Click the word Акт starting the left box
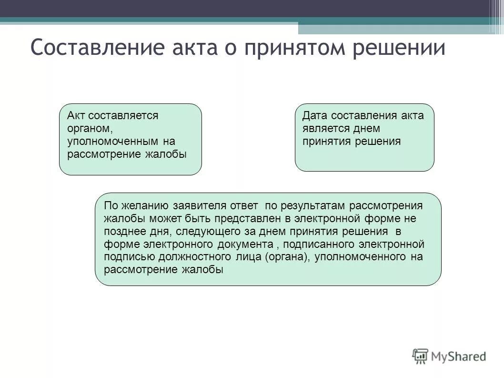75,116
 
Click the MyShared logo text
458,356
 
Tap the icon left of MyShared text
421,356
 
